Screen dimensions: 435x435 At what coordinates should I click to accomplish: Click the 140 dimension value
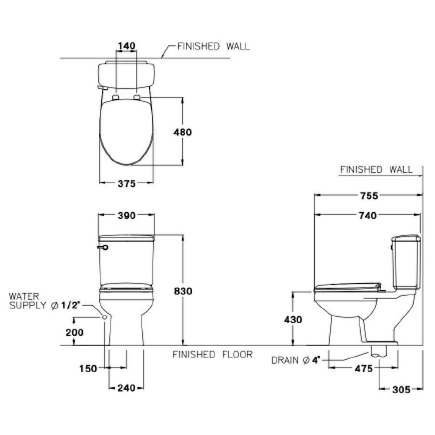pos(127,46)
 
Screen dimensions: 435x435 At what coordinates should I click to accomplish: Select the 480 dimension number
pos(183,132)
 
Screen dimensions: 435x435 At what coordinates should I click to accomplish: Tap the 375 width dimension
pos(127,184)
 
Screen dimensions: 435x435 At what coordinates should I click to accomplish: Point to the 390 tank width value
pos(127,216)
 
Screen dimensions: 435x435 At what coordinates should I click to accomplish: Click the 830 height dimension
pos(183,291)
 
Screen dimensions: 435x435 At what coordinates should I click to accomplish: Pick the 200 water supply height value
pos(74,332)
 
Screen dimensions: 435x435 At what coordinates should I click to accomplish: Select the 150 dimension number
pos(88,369)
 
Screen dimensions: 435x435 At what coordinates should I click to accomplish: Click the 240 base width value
pos(127,388)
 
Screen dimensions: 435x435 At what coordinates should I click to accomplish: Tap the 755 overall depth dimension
pos(369,196)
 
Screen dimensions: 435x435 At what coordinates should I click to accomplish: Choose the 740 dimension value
pos(368,216)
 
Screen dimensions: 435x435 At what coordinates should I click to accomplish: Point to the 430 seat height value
pos(293,320)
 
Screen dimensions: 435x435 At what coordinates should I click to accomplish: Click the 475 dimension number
pos(363,369)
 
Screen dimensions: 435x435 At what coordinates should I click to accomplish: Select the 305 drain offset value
pos(401,390)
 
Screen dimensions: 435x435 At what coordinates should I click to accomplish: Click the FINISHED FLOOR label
pos(213,355)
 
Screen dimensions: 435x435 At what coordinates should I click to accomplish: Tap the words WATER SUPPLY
pos(28,301)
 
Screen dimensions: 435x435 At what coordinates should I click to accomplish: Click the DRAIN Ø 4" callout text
pos(296,360)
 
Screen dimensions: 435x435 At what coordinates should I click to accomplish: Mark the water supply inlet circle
pos(104,317)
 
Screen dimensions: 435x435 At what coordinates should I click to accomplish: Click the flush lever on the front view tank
pos(103,247)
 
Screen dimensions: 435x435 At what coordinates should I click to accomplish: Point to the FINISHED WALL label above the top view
pos(213,46)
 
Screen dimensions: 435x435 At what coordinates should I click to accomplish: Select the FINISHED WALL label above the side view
pos(376,170)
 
